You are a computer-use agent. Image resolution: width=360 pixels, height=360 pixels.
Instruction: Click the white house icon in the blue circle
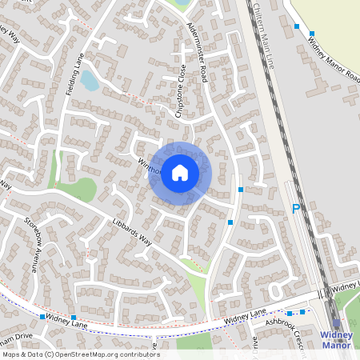[180, 172]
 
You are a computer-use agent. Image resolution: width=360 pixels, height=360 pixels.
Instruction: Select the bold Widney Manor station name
[336, 339]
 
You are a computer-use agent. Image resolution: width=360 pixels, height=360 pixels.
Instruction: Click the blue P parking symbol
[295, 210]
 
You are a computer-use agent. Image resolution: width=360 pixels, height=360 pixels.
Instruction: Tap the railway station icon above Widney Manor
[336, 323]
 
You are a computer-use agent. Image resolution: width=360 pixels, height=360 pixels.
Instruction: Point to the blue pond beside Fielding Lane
[90, 81]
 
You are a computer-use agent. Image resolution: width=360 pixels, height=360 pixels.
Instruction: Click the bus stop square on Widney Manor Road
[298, 26]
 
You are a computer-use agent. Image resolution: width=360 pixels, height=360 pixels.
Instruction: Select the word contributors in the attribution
[135, 354]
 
